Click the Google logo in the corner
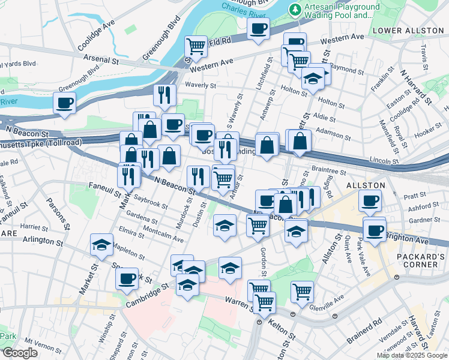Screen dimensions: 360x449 tap(19, 353)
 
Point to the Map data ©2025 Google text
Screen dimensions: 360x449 tap(412, 355)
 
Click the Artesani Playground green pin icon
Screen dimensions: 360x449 tap(295, 9)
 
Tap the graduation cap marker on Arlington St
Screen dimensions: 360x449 tap(101, 244)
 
